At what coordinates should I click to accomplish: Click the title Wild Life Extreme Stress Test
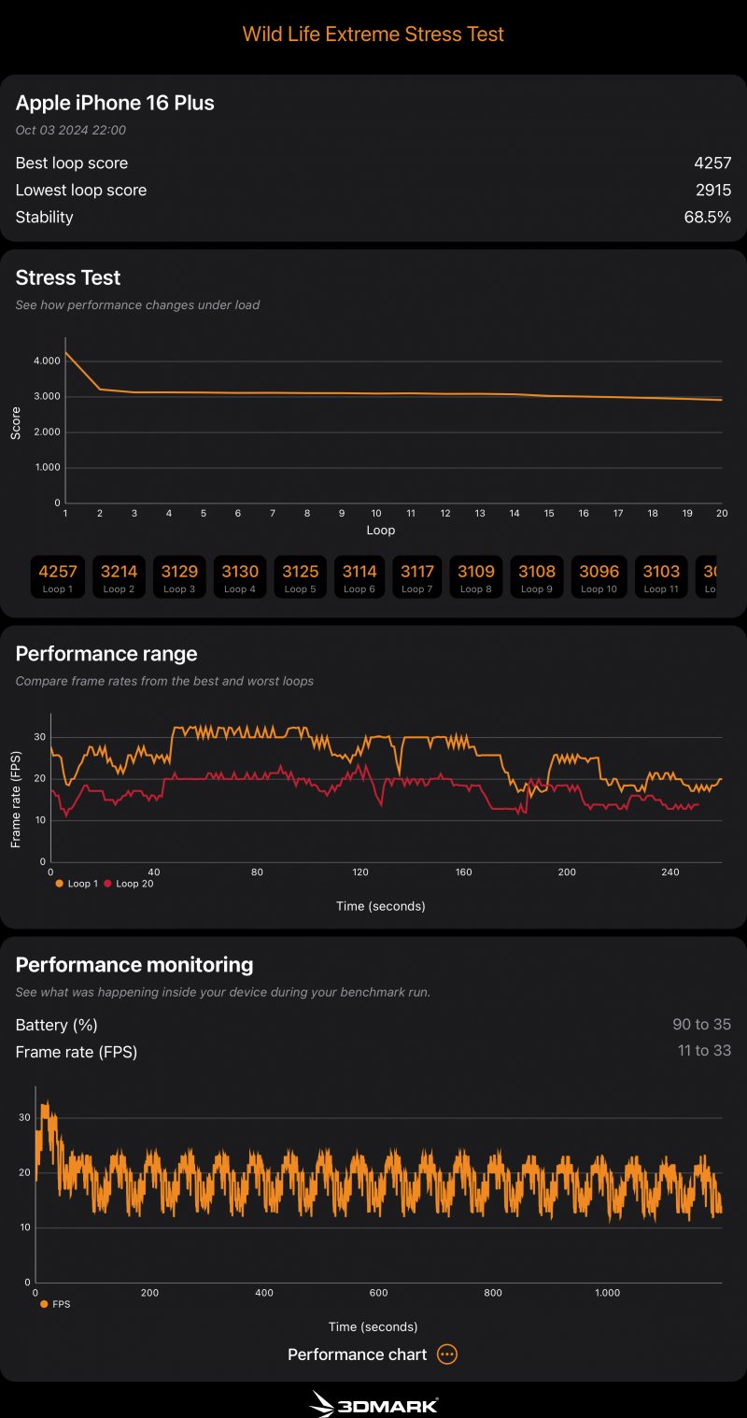click(373, 35)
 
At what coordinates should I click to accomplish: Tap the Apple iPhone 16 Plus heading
click(115, 103)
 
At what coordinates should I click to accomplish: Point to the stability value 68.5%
click(707, 217)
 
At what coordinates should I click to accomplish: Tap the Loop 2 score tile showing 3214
click(120, 576)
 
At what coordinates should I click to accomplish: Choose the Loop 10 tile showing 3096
click(599, 576)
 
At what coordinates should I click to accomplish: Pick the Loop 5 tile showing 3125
click(300, 576)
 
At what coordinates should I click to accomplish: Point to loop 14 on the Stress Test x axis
click(514, 514)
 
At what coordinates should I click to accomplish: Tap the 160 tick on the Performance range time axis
click(463, 872)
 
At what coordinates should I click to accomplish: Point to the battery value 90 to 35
click(701, 1025)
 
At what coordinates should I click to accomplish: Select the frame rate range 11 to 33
click(704, 1051)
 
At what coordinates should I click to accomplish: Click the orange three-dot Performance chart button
click(447, 1354)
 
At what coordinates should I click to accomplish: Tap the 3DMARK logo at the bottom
click(373, 1403)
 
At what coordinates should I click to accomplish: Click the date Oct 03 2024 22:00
click(71, 131)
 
